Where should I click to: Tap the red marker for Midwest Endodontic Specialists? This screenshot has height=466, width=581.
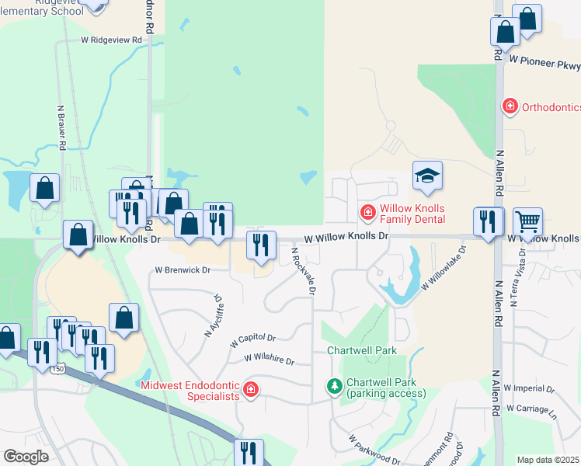[x=250, y=390]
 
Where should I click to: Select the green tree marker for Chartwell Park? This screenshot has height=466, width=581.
[x=334, y=386]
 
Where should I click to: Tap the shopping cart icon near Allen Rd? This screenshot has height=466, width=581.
[x=527, y=222]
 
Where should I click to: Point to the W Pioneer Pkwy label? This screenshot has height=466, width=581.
[x=544, y=58]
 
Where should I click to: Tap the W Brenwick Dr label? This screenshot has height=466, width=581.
[x=183, y=270]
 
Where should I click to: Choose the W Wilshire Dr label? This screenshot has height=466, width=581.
[x=269, y=360]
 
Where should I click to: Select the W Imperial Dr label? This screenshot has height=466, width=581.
[x=529, y=388]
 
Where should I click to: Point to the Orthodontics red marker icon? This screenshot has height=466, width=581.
[x=510, y=106]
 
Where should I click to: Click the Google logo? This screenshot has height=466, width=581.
[x=26, y=456]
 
